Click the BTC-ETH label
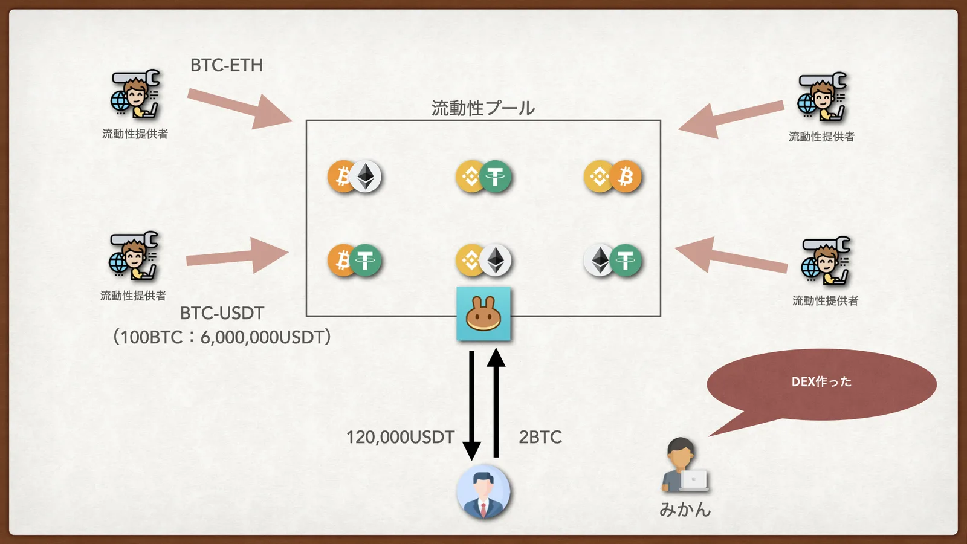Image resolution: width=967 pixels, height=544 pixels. (x=227, y=65)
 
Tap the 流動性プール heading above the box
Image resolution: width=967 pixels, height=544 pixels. (x=483, y=108)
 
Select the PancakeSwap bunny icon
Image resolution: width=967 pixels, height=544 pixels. (x=483, y=314)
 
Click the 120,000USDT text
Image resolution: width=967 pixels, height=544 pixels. (x=401, y=438)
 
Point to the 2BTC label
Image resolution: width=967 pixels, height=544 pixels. (x=540, y=438)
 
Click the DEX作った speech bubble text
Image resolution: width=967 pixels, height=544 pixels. (x=821, y=381)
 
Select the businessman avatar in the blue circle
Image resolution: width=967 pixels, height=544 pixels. (x=483, y=492)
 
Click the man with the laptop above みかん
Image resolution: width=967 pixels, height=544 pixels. (x=685, y=465)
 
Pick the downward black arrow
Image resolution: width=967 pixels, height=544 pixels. (x=472, y=406)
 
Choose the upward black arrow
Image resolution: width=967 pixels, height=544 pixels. (x=496, y=403)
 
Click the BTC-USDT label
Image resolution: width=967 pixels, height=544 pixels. (x=222, y=314)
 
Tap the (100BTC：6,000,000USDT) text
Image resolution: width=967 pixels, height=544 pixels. (x=222, y=337)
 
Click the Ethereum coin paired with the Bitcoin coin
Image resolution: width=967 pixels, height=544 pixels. (x=365, y=176)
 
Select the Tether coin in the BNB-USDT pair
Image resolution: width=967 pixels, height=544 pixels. (x=495, y=176)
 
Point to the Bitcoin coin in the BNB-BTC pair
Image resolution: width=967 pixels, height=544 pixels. (x=625, y=176)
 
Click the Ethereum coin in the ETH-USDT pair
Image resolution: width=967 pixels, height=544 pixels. (x=600, y=261)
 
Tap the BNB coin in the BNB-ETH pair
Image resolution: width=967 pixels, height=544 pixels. (x=470, y=261)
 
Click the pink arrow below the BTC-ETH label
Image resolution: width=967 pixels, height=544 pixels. (x=239, y=108)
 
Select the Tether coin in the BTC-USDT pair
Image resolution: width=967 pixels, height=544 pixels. (x=365, y=261)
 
